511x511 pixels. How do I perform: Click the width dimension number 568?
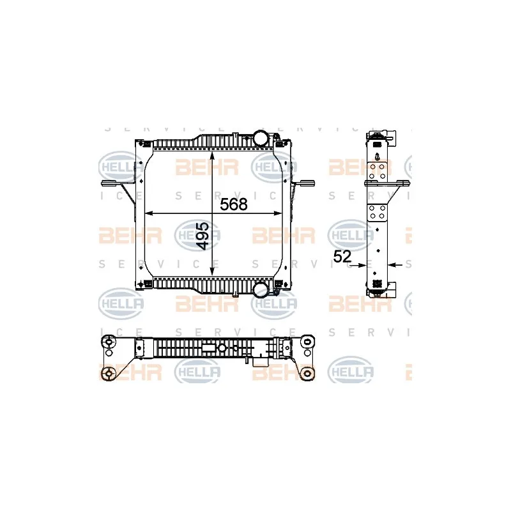(234, 205)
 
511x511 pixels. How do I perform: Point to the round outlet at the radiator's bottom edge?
(261, 289)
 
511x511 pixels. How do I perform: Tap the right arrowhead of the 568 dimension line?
(278, 214)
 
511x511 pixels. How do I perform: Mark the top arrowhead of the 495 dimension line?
(213, 155)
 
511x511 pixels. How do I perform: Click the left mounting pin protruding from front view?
(109, 185)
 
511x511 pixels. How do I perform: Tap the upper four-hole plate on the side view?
(379, 170)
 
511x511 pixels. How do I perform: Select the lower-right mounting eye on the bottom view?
(309, 373)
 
